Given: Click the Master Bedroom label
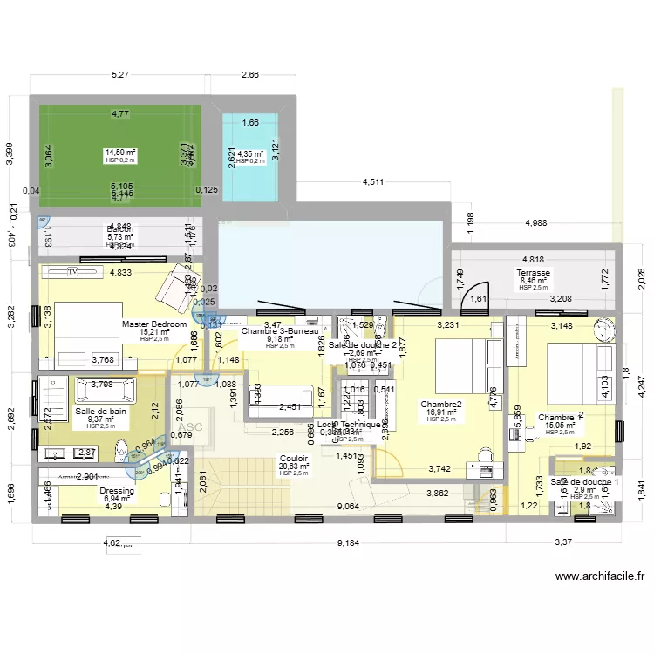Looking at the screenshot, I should [x=154, y=324].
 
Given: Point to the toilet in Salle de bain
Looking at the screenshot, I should [x=121, y=451].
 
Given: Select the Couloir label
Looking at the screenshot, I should [x=292, y=458].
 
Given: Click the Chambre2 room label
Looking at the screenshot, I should [x=440, y=405].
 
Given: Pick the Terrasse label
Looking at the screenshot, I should [x=534, y=273].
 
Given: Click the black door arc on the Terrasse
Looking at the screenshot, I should [x=475, y=297].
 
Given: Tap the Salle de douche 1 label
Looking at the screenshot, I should [x=585, y=482].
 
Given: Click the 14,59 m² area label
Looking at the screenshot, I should [x=120, y=153].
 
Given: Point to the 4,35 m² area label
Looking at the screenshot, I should [x=251, y=154].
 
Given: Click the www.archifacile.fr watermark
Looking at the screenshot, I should [x=599, y=576].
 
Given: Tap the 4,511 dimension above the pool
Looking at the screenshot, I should [x=373, y=181].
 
